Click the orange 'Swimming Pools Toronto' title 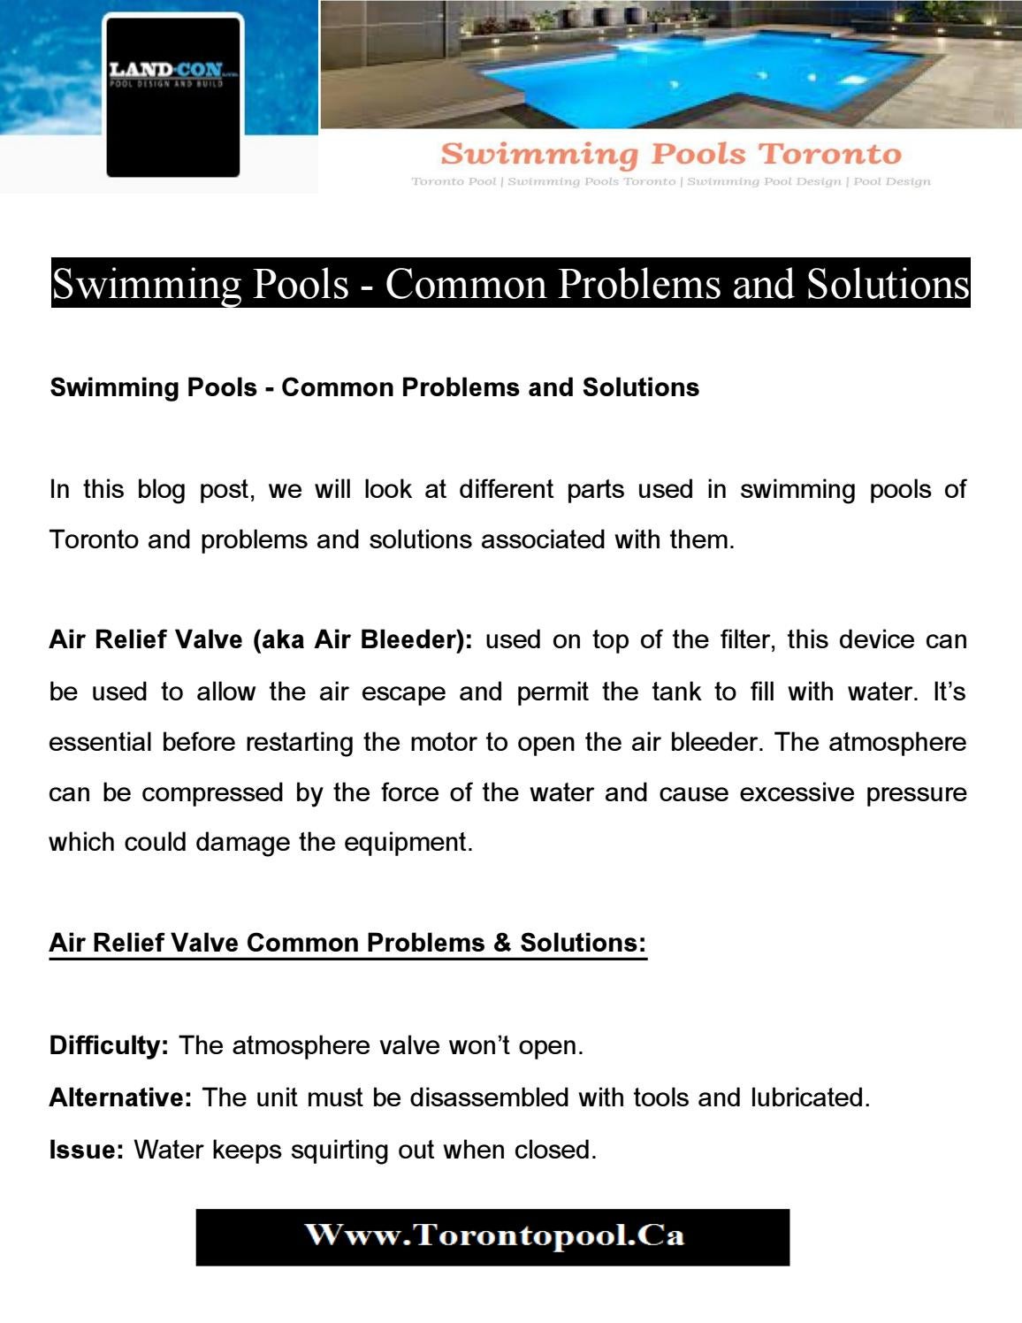(670, 154)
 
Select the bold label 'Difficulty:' (109, 1046)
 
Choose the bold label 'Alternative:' (120, 1098)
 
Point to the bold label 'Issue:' (86, 1151)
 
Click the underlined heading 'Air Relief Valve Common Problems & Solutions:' (347, 943)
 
